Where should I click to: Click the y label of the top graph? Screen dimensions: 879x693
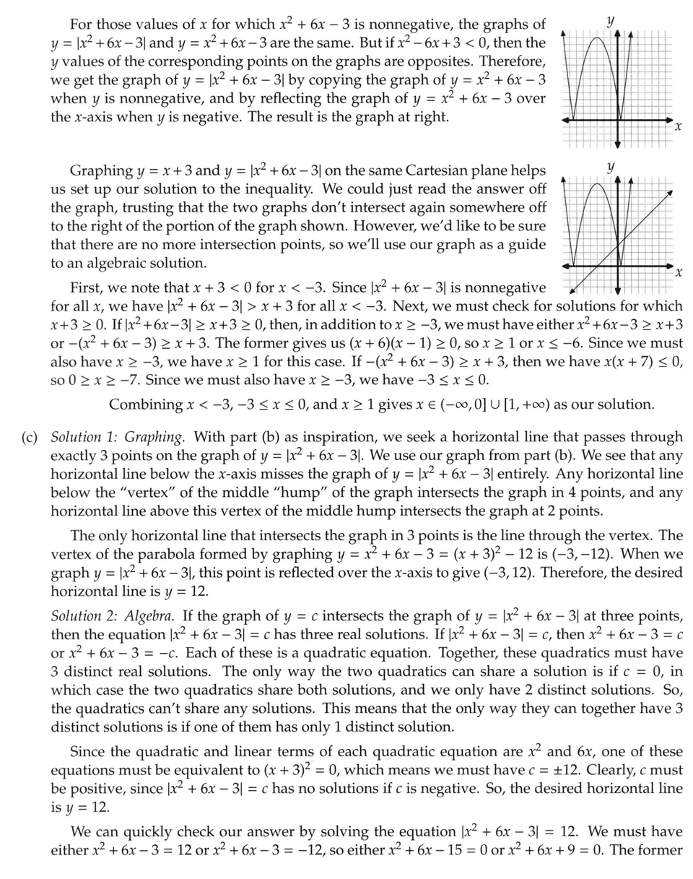611,21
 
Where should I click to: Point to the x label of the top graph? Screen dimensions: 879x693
678,128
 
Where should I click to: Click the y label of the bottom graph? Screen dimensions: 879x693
611,168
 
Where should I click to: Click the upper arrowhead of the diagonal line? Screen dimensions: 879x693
670,191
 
